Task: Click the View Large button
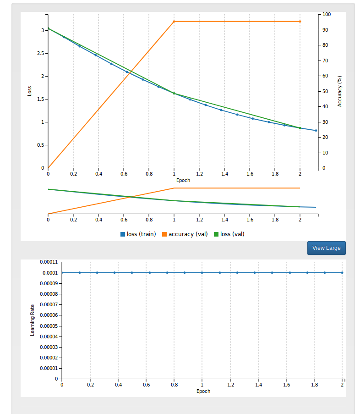tap(326, 248)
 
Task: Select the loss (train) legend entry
tap(138, 234)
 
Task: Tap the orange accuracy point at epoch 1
tap(174, 22)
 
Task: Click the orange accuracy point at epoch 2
tap(300, 22)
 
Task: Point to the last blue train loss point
tap(316, 131)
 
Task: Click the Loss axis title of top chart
tap(30, 91)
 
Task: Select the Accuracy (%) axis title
tap(340, 91)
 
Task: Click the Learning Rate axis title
tap(33, 320)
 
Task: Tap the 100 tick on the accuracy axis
tap(327, 15)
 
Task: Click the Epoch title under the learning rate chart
tap(203, 391)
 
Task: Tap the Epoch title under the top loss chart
tap(183, 180)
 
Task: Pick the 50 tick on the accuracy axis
tap(325, 92)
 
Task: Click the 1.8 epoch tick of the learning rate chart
tap(314, 386)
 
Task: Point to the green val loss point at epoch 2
tap(300, 128)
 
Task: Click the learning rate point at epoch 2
tap(342, 273)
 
